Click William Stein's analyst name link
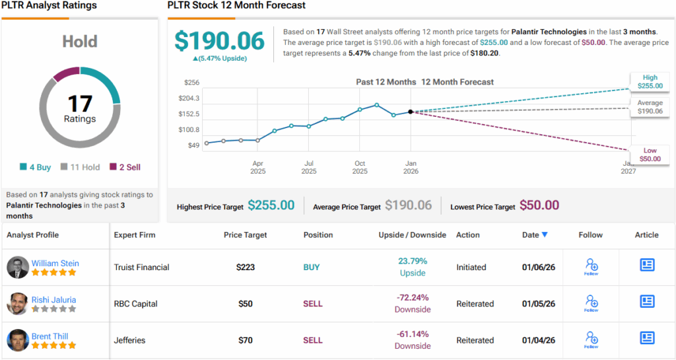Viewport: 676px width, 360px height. pos(55,263)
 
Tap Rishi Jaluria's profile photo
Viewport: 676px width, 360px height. pos(18,304)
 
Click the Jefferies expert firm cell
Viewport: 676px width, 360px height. pos(131,340)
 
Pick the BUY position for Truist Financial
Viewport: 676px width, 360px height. pos(312,268)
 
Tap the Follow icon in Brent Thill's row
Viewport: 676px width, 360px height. pos(591,340)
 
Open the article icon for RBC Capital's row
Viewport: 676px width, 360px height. pos(647,302)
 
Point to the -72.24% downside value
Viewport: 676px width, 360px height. pos(413,298)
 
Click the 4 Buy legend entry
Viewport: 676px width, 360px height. pos(36,167)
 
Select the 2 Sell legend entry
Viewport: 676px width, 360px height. pos(125,167)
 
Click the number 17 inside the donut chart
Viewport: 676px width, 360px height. pos(80,104)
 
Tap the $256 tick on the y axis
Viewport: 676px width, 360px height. pos(192,83)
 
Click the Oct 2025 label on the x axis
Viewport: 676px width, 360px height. pos(360,167)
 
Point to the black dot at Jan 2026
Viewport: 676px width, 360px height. pos(411,112)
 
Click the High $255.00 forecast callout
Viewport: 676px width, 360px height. pos(650,81)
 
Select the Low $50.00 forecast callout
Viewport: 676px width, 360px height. pos(650,155)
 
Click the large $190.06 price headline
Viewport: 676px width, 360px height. pos(220,41)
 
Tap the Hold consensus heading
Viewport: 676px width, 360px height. pos(79,42)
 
